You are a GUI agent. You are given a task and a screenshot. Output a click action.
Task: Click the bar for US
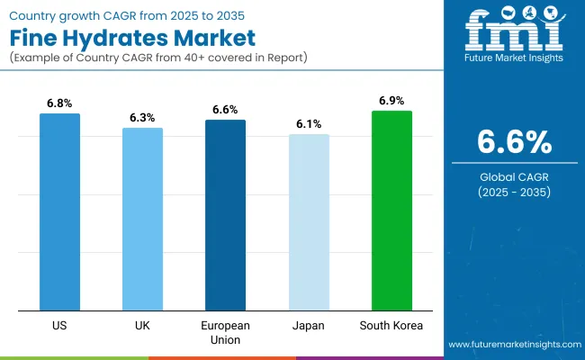point(59,211)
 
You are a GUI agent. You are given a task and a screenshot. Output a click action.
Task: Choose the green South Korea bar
point(391,210)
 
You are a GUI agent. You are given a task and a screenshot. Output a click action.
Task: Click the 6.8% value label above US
point(59,103)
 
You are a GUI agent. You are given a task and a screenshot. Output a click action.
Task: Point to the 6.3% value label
point(142,118)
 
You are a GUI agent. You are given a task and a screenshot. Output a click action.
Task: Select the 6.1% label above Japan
point(309,124)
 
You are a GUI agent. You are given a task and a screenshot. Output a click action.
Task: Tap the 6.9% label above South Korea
point(391,101)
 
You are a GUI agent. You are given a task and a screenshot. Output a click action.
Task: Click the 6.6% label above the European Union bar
point(225,110)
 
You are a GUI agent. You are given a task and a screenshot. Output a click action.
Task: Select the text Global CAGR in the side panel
point(514,176)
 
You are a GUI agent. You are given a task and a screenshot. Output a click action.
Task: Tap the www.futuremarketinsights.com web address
point(513,345)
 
